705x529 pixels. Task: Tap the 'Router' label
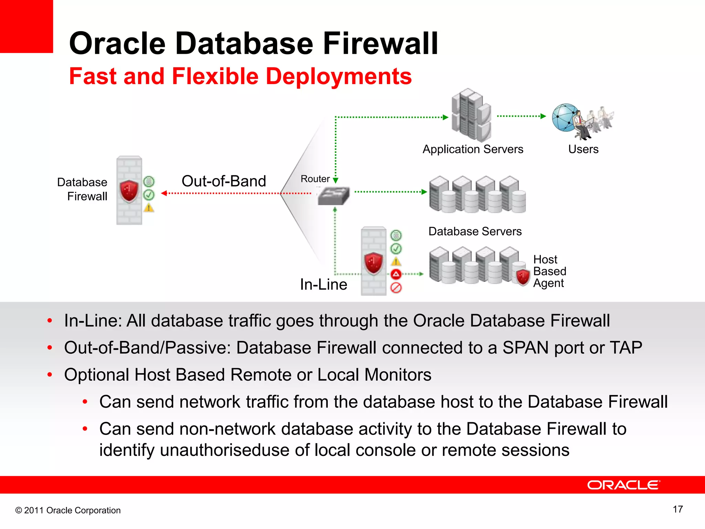click(315, 179)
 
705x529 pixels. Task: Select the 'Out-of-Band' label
click(224, 181)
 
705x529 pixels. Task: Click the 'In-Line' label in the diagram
click(323, 284)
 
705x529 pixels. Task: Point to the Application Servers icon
click(471, 115)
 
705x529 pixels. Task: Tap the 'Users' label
click(583, 149)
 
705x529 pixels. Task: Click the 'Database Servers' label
click(475, 231)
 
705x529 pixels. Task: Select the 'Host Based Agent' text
click(549, 271)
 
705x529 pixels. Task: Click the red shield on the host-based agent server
click(523, 277)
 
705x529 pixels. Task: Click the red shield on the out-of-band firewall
click(129, 190)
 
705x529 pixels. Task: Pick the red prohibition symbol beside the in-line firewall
click(396, 288)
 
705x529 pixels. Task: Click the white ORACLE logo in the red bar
click(623, 485)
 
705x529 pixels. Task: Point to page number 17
click(677, 509)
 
